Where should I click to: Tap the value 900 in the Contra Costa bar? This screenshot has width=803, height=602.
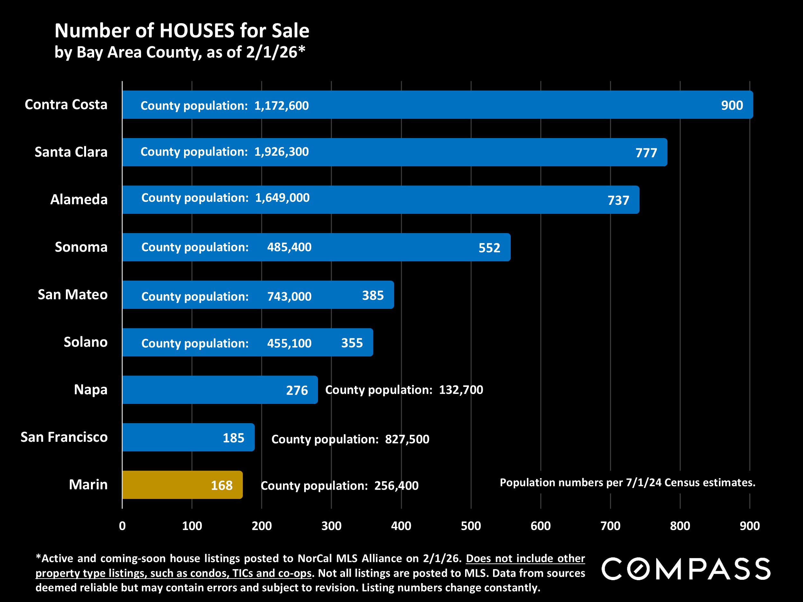point(731,105)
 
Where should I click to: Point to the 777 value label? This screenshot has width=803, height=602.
point(646,153)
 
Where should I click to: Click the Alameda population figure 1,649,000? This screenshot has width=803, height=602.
point(282,198)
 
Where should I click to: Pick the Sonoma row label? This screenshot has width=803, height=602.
point(81,247)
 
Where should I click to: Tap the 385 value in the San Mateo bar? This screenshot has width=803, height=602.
point(373,295)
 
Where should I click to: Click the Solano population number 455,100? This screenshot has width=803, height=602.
point(289,343)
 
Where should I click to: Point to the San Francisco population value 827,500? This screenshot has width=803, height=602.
point(407,440)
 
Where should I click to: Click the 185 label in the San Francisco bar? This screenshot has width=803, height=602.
point(233,438)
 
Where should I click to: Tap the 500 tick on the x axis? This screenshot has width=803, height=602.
point(471,526)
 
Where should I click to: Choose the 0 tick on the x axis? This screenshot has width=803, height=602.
point(122,526)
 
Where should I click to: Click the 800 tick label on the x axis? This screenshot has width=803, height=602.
point(680,526)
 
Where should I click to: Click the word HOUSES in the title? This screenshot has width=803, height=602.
point(197,31)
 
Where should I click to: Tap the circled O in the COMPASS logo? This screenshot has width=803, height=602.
point(639,569)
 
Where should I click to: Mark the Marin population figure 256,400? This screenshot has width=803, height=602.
point(396,486)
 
